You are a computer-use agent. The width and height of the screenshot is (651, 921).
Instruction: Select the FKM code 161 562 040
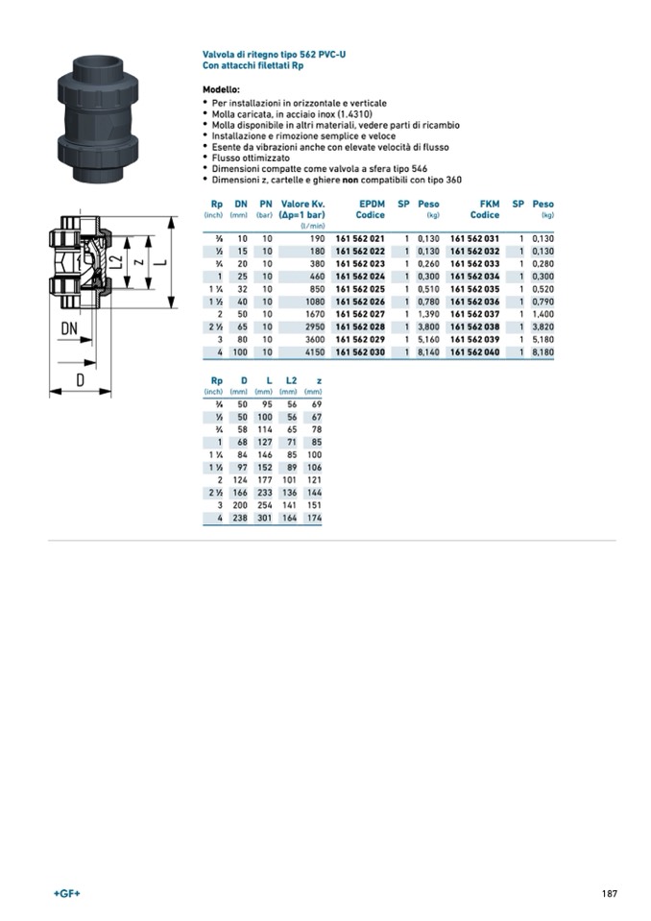474,352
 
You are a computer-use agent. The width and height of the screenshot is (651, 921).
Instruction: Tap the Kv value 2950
314,327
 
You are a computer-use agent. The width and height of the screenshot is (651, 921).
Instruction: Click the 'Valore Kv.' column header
302,204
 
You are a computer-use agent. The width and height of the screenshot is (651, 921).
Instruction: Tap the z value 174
313,518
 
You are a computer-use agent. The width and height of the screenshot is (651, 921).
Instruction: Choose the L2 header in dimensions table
291,380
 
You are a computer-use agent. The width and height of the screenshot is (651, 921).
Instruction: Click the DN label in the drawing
69,327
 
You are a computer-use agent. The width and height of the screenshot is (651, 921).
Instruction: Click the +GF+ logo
66,893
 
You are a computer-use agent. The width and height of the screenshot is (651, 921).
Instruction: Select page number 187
609,893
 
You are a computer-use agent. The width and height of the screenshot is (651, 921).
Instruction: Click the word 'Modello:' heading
221,88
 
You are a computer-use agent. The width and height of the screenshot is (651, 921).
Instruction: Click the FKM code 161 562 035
474,289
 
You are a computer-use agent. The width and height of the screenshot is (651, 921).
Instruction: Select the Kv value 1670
314,314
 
